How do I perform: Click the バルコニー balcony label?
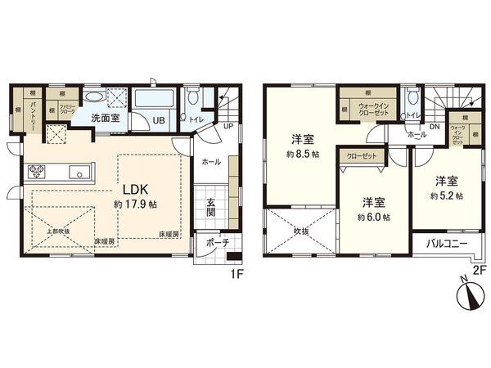[446, 243]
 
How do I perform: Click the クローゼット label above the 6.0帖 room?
[363, 155]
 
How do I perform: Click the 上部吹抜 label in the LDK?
[56, 231]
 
